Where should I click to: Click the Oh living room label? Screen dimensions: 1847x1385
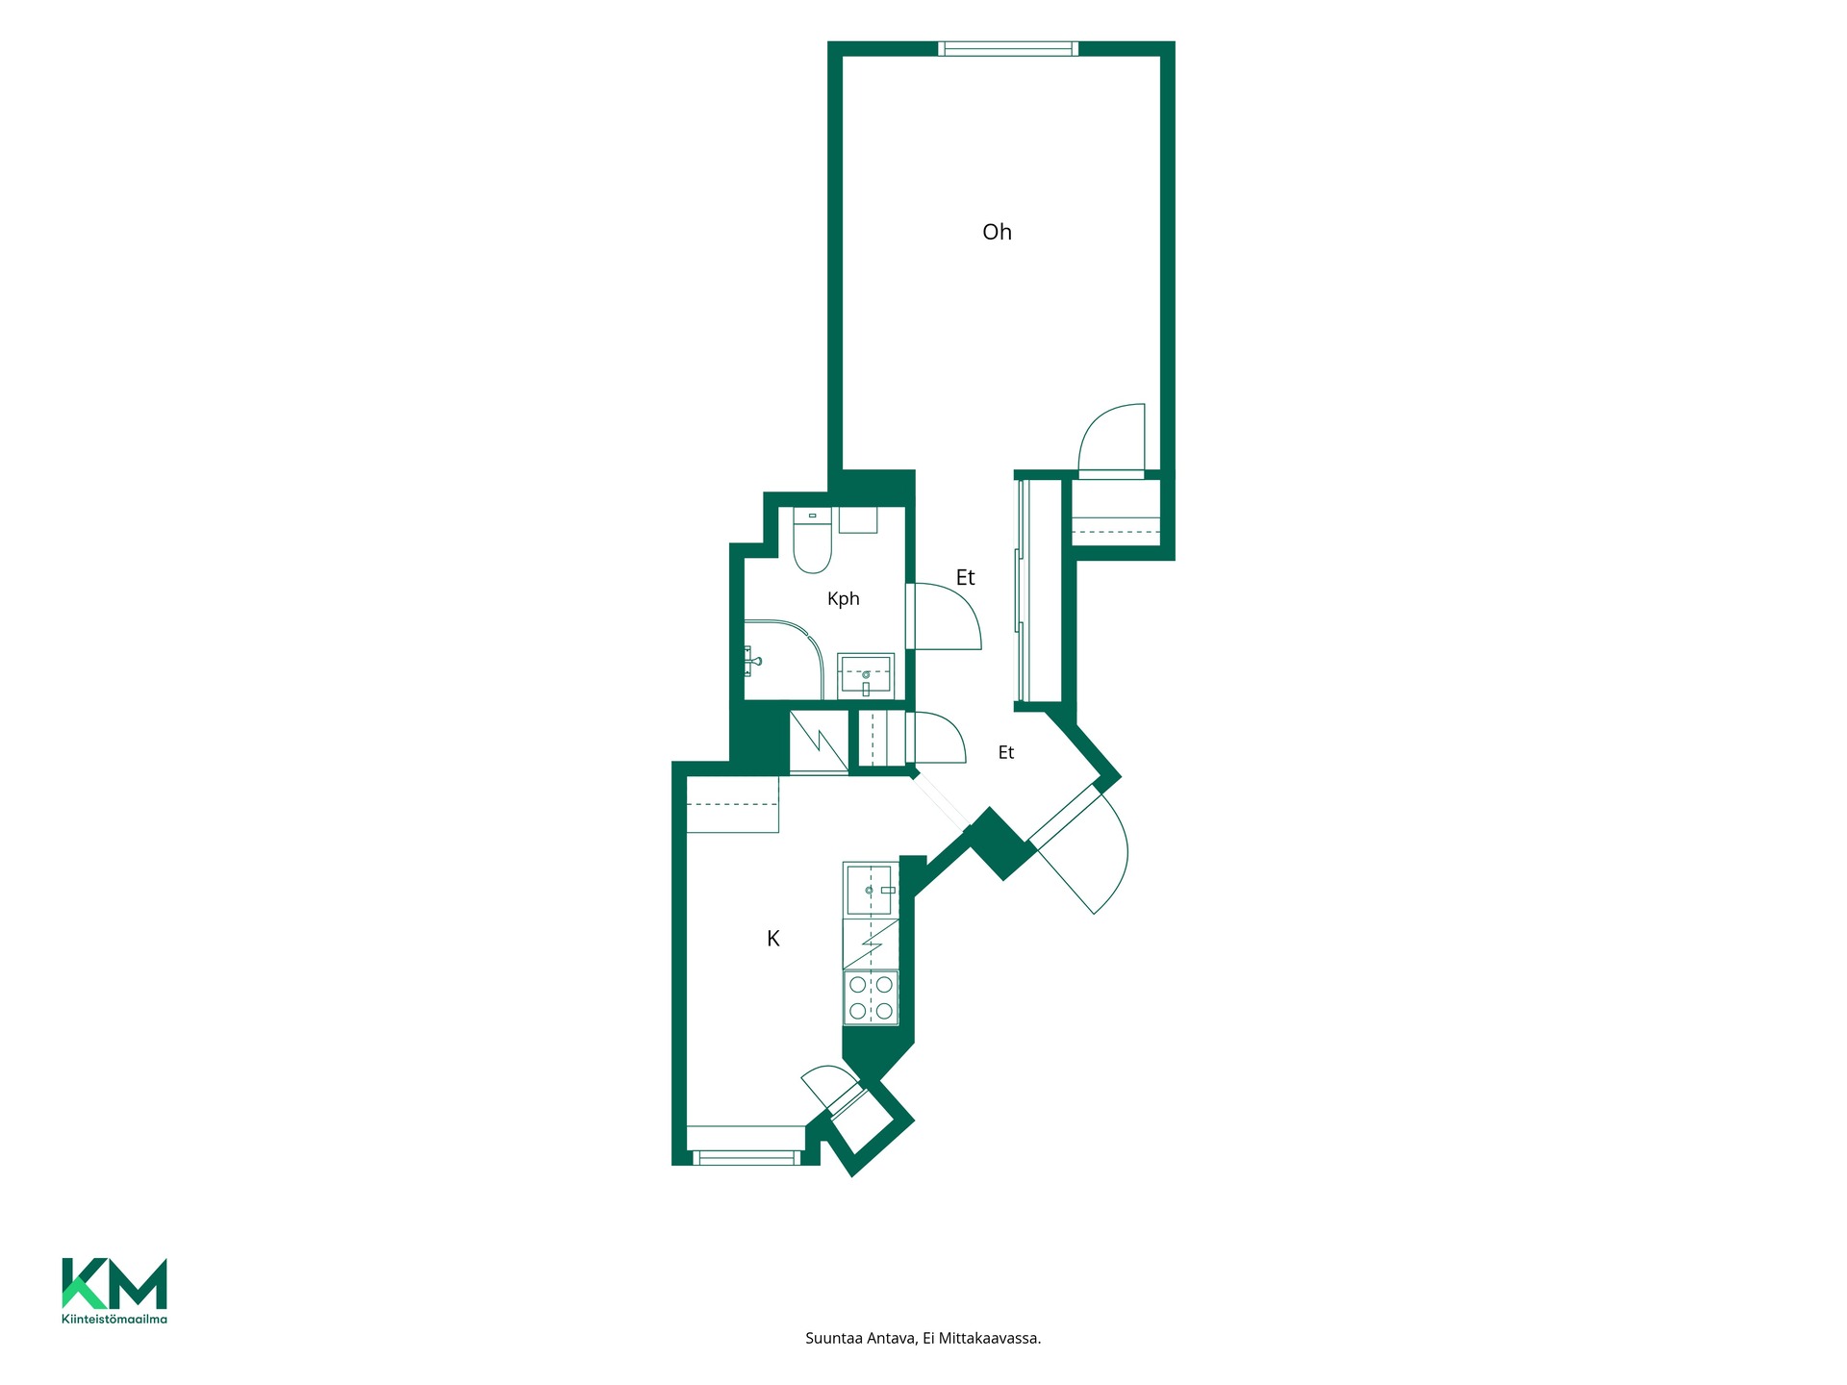pyautogui.click(x=997, y=232)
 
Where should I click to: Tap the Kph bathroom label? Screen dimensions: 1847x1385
pyautogui.click(x=844, y=599)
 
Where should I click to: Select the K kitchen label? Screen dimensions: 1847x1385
pyautogui.click(x=773, y=939)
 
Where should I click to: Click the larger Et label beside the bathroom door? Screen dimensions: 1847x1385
pyautogui.click(x=965, y=577)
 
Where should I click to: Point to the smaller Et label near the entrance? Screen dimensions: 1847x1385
pyautogui.click(x=1006, y=753)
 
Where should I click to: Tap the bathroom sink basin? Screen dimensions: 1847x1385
pyautogui.click(x=866, y=676)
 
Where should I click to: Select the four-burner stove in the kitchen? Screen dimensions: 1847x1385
pyautogui.click(x=871, y=997)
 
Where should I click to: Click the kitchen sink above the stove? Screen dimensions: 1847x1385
pyautogui.click(x=870, y=890)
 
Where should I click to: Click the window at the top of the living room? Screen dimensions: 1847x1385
pyautogui.click(x=1008, y=49)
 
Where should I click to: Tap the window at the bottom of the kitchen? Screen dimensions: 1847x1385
pyautogui.click(x=746, y=1158)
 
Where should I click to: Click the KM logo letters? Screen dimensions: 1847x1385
pyautogui.click(x=114, y=1283)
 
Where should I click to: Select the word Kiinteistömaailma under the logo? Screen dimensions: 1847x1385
pyautogui.click(x=114, y=1319)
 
